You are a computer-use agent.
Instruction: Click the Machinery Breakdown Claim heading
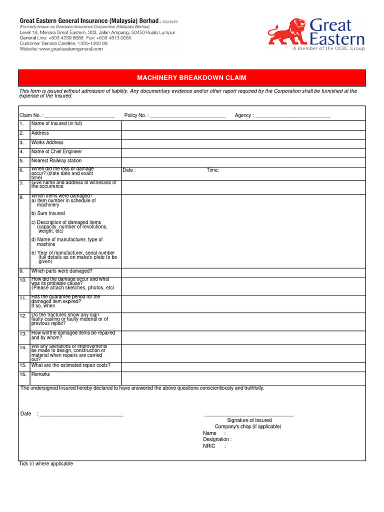tap(192, 78)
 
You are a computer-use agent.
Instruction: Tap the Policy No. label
tap(135, 115)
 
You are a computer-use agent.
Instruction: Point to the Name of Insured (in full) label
tap(56, 123)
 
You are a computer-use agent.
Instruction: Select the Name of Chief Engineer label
tap(56, 151)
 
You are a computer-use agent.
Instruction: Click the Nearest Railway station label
tap(56, 160)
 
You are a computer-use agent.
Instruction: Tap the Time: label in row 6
tap(212, 170)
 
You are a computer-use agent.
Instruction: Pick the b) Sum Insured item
tap(48, 213)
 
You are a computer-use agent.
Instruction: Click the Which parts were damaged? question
tap(61, 271)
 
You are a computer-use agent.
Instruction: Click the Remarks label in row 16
tap(40, 374)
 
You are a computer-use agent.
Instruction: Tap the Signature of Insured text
tap(249, 420)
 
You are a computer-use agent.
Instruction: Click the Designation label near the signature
tap(216, 439)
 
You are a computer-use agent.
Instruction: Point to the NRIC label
tap(209, 446)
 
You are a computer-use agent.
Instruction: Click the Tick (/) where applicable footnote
tap(46, 464)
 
